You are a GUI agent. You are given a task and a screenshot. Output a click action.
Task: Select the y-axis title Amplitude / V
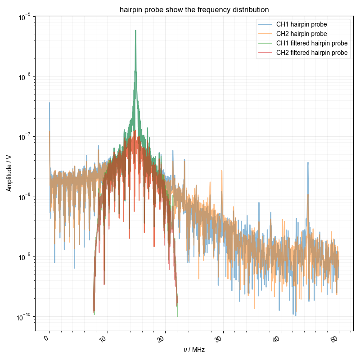pos(9,173)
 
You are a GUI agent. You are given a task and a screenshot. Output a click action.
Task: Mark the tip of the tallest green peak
pos(135,31)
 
